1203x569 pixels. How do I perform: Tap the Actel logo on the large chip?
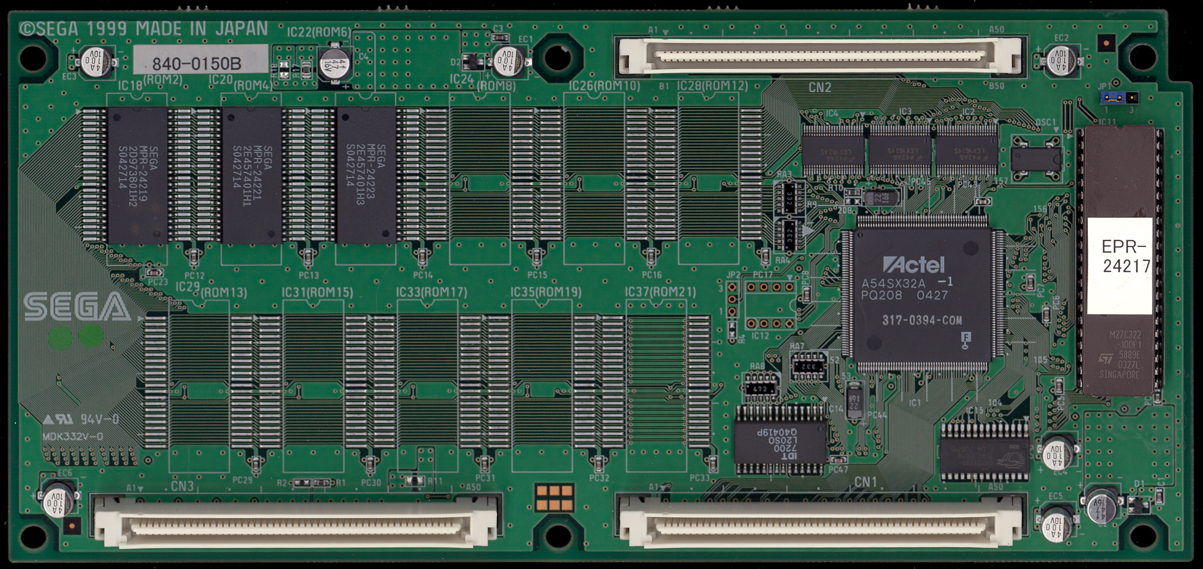913,265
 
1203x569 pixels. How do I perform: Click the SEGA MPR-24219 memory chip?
137,175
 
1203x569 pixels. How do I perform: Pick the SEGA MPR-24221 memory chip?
252,175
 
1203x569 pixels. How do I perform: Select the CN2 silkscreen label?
820,87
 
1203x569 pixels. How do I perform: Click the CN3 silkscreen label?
182,486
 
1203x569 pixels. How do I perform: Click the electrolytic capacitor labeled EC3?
98,61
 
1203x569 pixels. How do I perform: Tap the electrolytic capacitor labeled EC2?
1062,61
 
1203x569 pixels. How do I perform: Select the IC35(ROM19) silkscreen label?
546,292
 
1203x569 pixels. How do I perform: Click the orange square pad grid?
554,498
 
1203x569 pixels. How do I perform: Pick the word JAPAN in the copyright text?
242,29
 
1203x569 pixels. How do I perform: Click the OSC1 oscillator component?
1035,159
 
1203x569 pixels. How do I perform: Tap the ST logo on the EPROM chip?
1105,359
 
